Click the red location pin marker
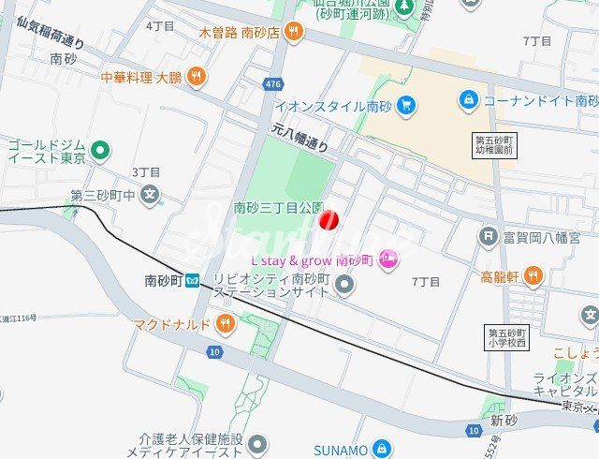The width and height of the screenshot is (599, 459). [329, 221]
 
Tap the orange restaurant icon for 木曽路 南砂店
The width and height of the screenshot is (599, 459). [294, 32]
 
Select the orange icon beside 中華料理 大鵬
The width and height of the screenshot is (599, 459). [196, 77]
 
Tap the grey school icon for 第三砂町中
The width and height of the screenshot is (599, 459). [151, 196]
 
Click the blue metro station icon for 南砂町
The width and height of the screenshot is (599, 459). [192, 280]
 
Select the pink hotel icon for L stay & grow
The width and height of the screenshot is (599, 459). [387, 259]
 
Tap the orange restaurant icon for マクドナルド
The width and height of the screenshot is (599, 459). [225, 325]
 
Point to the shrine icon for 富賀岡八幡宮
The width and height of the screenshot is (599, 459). [487, 237]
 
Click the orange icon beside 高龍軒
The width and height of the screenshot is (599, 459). [533, 275]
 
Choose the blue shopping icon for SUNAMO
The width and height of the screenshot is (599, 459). [381, 450]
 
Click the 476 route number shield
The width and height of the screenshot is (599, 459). [272, 84]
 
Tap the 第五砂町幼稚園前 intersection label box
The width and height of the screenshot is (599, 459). [494, 144]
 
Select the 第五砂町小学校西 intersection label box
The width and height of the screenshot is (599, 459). [508, 338]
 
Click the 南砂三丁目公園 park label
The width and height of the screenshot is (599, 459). [278, 207]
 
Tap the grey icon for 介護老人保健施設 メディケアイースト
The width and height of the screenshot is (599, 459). [257, 444]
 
